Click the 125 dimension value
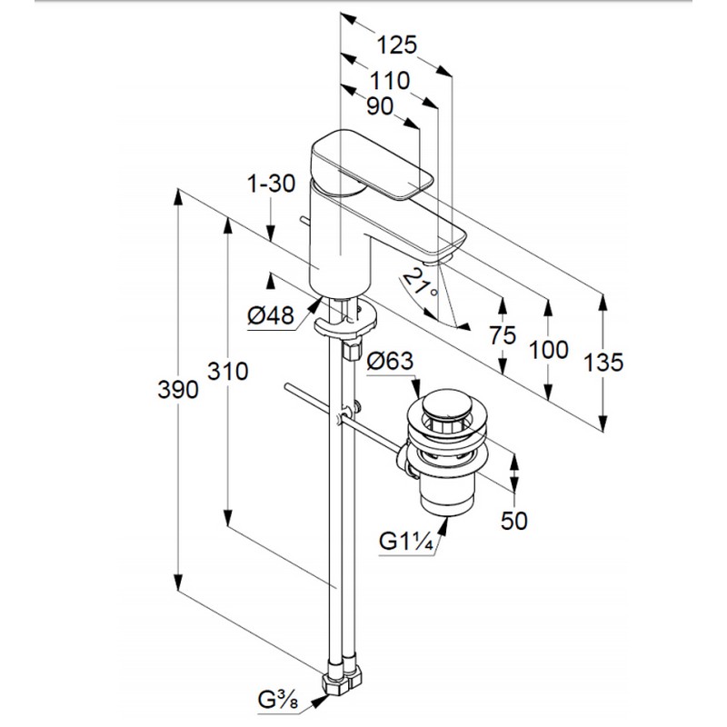click(396, 45)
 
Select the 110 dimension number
click(390, 81)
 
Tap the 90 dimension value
click(380, 106)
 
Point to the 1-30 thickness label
click(271, 184)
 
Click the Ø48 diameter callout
click(271, 316)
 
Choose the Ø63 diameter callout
click(390, 361)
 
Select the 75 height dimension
click(503, 335)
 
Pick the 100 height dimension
click(549, 349)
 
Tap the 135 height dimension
click(603, 362)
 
